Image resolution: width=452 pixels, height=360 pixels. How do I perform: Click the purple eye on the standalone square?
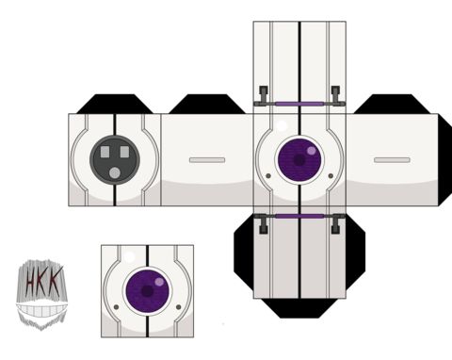[147, 291]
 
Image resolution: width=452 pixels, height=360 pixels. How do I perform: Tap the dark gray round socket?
[115, 160]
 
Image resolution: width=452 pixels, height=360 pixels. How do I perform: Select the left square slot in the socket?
[105, 152]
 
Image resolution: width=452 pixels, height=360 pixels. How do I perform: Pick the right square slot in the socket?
[124, 152]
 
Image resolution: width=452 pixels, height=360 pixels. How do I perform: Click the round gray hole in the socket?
[115, 173]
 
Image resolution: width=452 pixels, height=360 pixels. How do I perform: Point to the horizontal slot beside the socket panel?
[207, 160]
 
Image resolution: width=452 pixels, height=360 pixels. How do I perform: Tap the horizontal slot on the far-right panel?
[392, 160]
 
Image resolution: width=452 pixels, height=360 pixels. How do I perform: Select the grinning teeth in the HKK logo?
[41, 310]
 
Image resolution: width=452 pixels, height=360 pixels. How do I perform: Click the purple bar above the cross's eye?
[299, 104]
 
